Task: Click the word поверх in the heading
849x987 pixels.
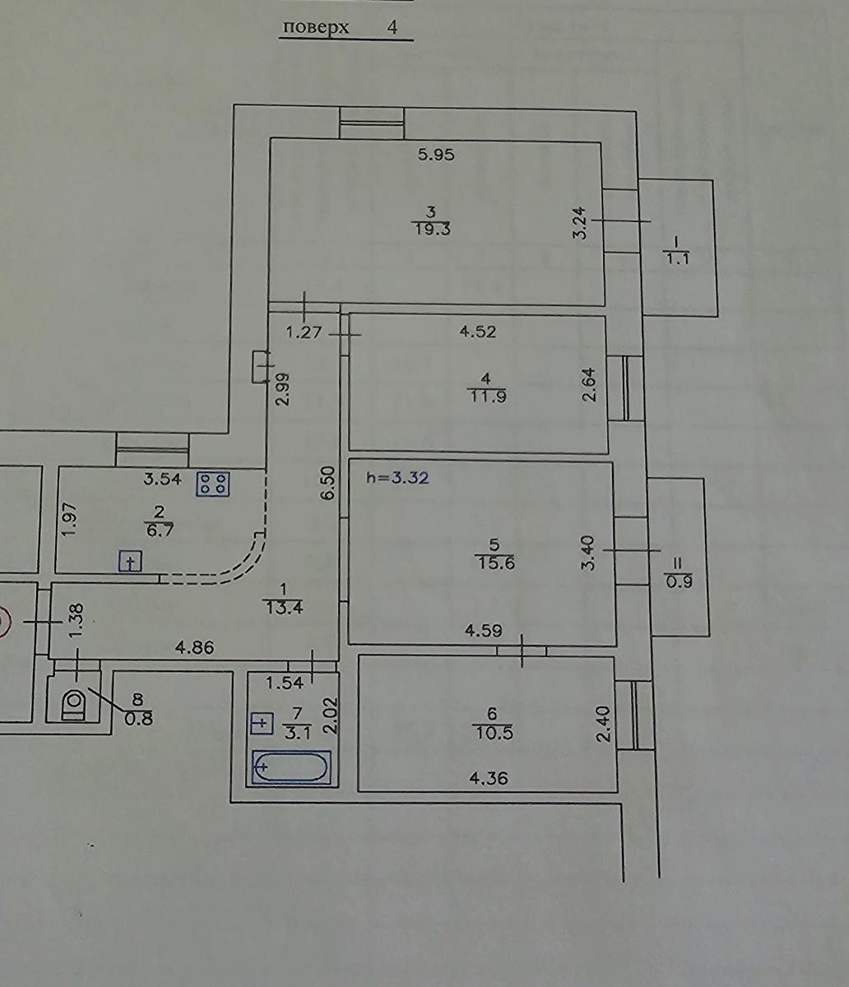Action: point(316,28)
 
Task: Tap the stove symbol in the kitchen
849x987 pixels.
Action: point(213,484)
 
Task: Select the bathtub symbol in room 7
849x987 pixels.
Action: point(290,767)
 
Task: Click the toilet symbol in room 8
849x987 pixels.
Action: point(74,702)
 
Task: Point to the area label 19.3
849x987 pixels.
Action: point(432,229)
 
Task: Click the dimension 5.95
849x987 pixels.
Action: point(436,155)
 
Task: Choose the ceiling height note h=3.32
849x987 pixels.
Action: point(397,478)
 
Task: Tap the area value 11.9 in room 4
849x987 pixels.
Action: point(487,396)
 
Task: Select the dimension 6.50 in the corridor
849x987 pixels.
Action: point(329,483)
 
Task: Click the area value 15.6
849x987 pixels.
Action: point(495,563)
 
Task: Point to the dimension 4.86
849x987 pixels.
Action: point(194,648)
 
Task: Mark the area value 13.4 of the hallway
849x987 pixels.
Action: point(284,608)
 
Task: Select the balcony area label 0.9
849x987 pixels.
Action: point(679,582)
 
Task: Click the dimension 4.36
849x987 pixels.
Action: point(489,779)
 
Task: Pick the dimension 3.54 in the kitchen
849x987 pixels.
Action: point(162,479)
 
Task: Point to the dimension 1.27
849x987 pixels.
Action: point(304,331)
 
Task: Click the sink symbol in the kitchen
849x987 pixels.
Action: point(130,561)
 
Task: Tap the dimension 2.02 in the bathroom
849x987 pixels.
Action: point(330,715)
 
